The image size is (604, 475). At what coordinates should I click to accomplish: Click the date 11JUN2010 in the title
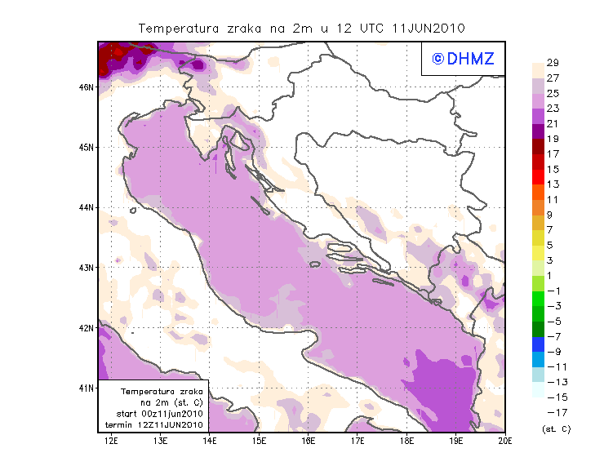[429, 27]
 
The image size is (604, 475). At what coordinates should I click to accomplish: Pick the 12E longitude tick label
[112, 442]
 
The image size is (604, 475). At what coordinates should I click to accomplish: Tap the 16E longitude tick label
[309, 442]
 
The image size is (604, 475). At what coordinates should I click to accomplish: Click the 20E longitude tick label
[505, 442]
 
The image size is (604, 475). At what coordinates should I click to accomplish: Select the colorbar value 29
[552, 63]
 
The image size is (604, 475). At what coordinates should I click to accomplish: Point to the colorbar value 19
[552, 139]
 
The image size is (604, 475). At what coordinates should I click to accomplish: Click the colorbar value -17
[553, 412]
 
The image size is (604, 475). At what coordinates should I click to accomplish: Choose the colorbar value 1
[552, 275]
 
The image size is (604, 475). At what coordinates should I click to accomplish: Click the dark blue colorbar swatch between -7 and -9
[537, 344]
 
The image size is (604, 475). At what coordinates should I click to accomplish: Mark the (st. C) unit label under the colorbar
[556, 428]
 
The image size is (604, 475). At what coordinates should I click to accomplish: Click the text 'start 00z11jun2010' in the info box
[159, 415]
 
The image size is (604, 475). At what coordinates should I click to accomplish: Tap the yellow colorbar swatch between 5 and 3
[537, 252]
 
